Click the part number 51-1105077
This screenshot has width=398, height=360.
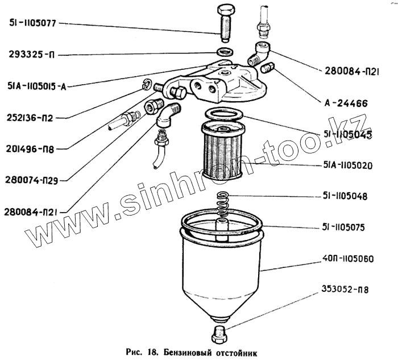pos(33,24)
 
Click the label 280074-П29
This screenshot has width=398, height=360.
pos(32,180)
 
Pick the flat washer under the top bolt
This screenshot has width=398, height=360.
pos(225,52)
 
